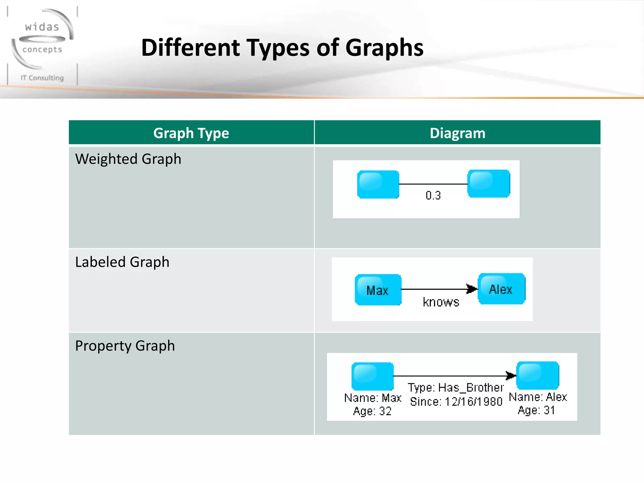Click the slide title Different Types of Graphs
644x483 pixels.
282,48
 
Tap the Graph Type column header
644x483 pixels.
191,133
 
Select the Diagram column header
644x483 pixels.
457,133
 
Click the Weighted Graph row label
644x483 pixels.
128,159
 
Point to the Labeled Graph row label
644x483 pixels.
122,262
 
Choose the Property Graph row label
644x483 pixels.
125,346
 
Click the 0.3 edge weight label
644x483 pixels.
433,196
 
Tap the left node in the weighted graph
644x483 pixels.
378,185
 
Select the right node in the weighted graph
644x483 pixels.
489,184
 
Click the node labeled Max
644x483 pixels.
378,290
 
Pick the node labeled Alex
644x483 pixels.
501,289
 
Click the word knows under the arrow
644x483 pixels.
441,302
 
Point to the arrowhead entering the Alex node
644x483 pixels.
472,289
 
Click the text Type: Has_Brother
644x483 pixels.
456,387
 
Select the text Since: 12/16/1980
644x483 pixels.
456,402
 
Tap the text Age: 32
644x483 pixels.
372,411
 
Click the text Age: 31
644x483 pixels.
536,410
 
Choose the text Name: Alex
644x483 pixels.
538,397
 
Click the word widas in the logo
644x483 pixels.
42,27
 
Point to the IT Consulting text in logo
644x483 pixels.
42,78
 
